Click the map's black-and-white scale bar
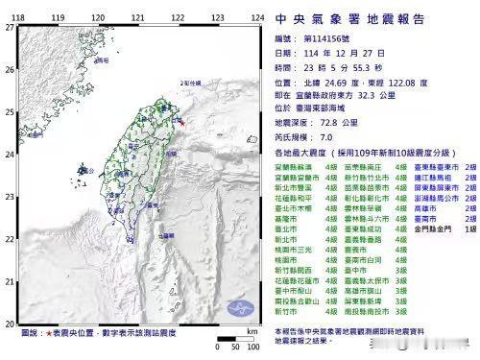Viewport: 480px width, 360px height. point(222,339)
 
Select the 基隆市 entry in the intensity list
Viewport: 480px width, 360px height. point(285,218)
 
